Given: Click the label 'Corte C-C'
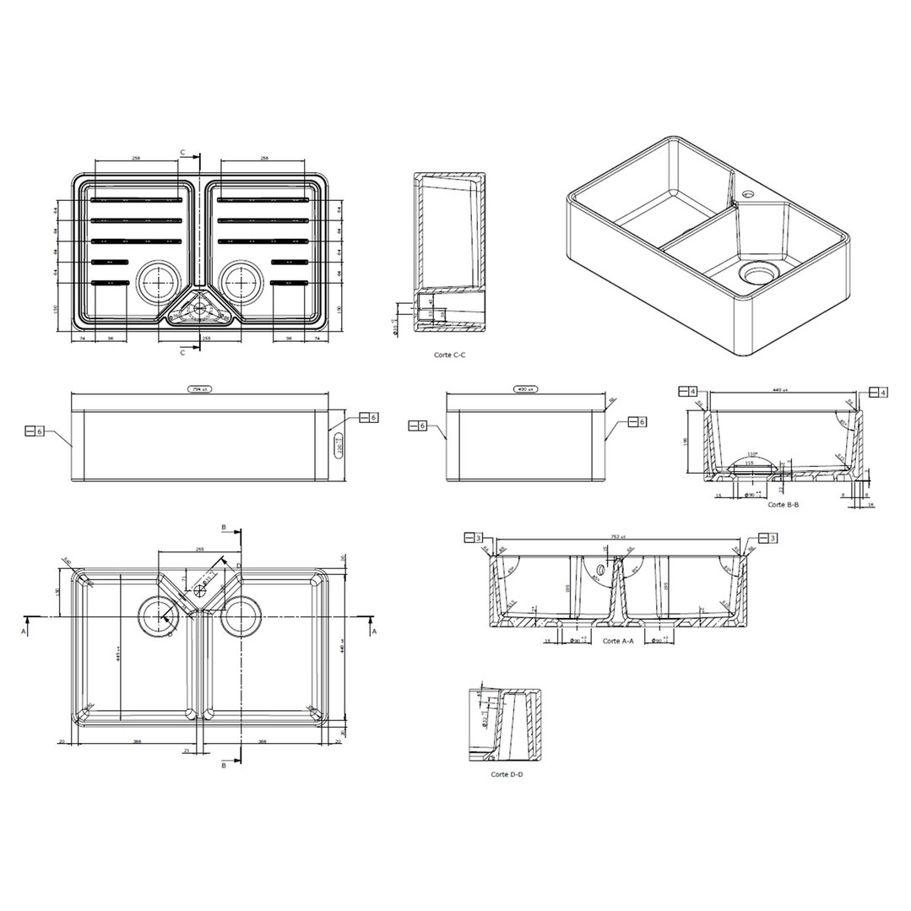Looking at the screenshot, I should (x=449, y=355).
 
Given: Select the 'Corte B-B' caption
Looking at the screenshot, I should (x=783, y=504).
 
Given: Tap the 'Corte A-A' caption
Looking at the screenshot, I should (x=618, y=641).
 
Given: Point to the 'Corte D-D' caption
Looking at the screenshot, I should (x=507, y=773).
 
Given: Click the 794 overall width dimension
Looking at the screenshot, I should (x=199, y=390).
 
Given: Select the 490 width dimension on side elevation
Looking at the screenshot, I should (x=526, y=390).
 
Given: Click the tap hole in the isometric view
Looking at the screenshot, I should (x=747, y=194).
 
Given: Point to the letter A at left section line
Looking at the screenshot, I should (x=26, y=630).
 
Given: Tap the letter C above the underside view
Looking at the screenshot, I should (x=182, y=152).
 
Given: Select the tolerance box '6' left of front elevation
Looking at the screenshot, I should (x=35, y=431).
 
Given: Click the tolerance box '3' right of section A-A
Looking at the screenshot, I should (x=768, y=538).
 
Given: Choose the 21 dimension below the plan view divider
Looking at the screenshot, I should (x=187, y=750).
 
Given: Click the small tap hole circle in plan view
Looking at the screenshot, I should (x=199, y=592).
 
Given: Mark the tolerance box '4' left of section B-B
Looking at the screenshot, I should (x=687, y=392).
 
